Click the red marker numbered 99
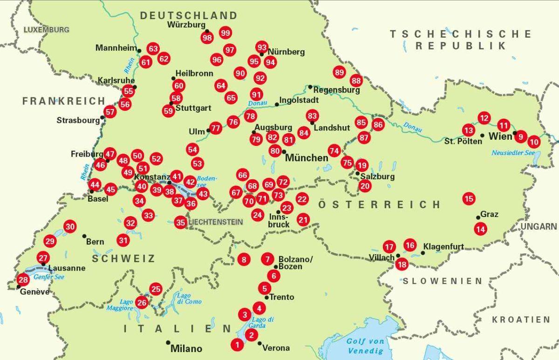click(225, 33)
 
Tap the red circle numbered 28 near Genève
click(23, 280)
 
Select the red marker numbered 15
click(469, 199)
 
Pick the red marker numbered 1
click(237, 345)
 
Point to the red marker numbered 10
click(534, 142)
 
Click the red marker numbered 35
click(181, 222)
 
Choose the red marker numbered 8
click(243, 259)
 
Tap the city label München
click(307, 158)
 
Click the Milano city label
click(186, 348)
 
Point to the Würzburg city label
click(186, 25)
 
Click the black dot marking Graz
click(478, 217)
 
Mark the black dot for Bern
click(84, 236)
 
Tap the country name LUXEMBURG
click(46, 29)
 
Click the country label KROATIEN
click(521, 319)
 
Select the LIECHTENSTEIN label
click(215, 222)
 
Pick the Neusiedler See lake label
click(513, 153)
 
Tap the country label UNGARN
click(539, 226)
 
